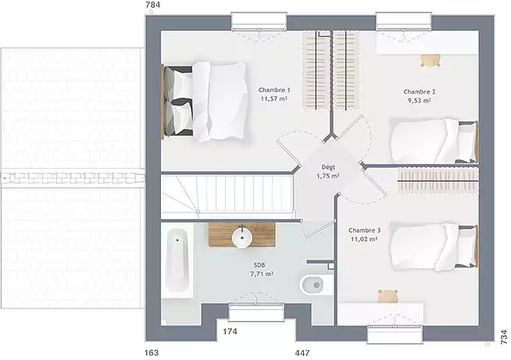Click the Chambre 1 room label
(274, 90)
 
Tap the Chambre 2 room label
(419, 92)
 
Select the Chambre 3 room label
(364, 230)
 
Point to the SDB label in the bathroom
(259, 266)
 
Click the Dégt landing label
(328, 167)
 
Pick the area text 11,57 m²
(274, 98)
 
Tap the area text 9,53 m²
(419, 101)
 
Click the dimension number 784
(153, 5)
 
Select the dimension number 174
(230, 332)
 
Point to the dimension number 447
(302, 353)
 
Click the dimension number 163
(152, 353)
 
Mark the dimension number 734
(504, 337)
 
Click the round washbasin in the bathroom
(241, 237)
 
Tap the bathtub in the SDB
(177, 262)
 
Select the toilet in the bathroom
(313, 285)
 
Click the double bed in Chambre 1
(205, 102)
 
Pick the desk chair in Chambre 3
(388, 296)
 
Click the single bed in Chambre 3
(434, 248)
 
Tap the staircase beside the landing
(228, 198)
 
